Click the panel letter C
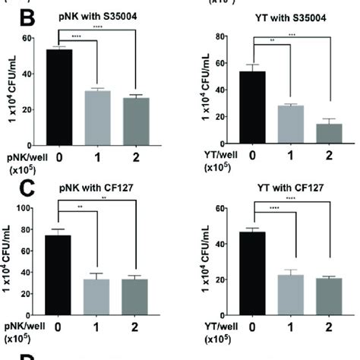coord(12,185)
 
